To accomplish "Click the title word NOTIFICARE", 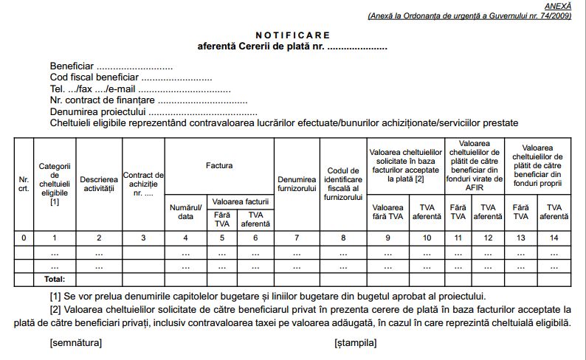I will [x=293, y=35].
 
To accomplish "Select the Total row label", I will [x=55, y=280].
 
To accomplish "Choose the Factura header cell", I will [x=219, y=166].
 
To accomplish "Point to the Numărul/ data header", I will [x=185, y=212].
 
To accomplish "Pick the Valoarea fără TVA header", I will [x=387, y=212].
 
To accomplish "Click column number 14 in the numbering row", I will [x=554, y=238].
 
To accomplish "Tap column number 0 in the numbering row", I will [x=24, y=238].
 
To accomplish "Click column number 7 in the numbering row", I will [x=296, y=238].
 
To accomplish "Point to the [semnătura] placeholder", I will [x=76, y=342].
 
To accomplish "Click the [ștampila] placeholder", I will [x=355, y=342].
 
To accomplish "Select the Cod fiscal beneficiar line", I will [x=131, y=77].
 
